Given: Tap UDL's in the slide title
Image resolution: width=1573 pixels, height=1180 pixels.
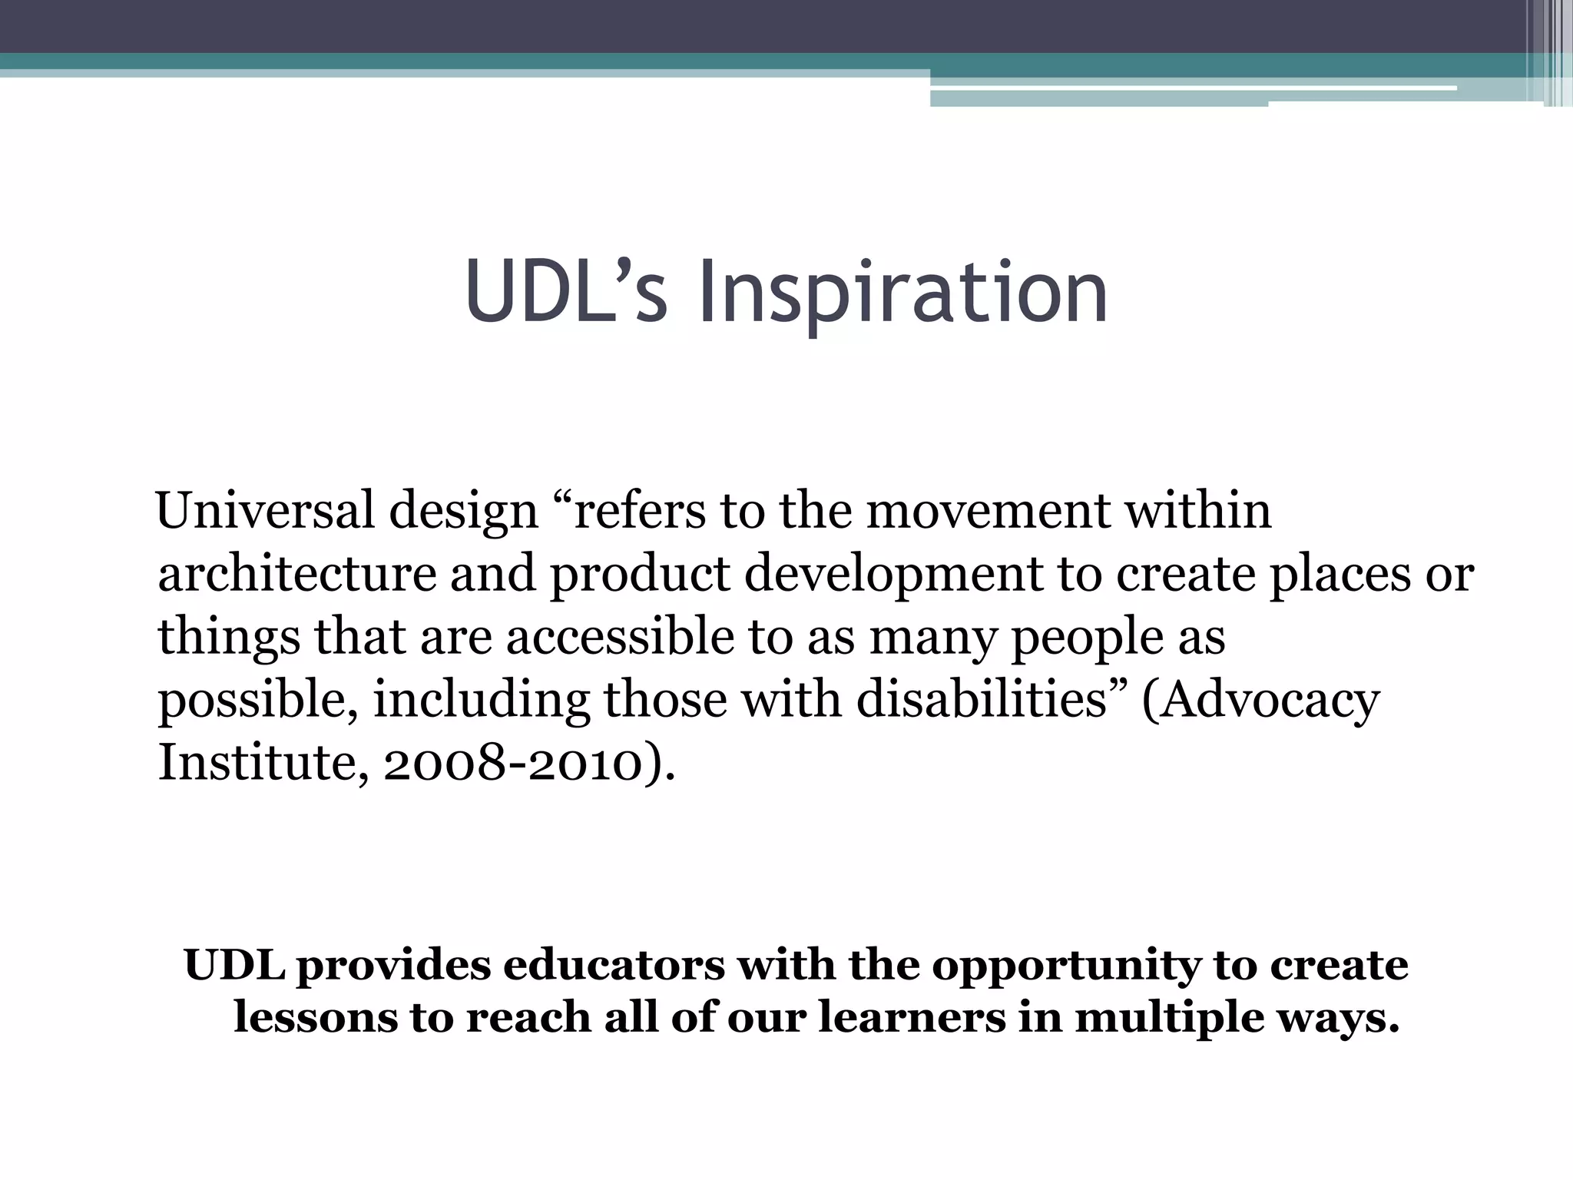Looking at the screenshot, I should click(x=566, y=292).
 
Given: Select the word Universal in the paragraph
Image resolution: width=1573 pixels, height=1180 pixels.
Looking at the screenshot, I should click(x=266, y=510).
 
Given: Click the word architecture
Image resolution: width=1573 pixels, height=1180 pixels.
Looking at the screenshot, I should click(x=297, y=574).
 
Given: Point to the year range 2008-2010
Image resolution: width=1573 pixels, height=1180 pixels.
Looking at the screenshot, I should click(x=512, y=764).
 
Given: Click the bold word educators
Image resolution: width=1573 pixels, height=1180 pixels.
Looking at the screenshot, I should click(x=614, y=966).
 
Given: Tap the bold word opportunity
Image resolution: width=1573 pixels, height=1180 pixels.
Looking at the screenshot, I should click(x=1067, y=967).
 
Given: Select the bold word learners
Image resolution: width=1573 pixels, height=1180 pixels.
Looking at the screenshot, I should click(x=912, y=1017).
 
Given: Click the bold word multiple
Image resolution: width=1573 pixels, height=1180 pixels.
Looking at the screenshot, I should click(x=1168, y=1019).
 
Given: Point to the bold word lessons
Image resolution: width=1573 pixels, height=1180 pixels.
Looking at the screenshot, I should click(x=315, y=1017).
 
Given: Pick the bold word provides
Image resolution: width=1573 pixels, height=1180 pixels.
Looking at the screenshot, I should click(x=393, y=967).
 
